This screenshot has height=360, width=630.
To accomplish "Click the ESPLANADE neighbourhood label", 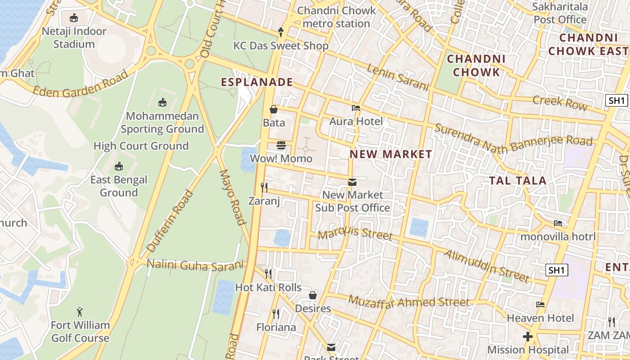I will point(257,82).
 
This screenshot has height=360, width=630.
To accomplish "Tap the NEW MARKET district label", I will point(391,154).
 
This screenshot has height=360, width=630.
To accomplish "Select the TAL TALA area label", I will point(517,181).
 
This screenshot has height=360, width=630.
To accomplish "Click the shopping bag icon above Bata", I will point(273,109).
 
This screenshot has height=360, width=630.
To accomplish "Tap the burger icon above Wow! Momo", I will point(282,145).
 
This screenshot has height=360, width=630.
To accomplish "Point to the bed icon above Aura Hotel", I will point(356,108).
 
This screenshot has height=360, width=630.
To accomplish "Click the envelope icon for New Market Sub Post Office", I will point(352,182).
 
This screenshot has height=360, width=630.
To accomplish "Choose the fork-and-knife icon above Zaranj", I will point(264,187).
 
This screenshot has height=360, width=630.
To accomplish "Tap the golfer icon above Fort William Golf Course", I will point(80,311).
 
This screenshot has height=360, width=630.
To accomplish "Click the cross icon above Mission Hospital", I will point(527,337).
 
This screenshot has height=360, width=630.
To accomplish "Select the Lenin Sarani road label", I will point(397,77).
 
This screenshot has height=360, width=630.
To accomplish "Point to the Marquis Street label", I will point(355,234).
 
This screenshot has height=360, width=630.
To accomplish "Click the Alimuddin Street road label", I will point(486,266).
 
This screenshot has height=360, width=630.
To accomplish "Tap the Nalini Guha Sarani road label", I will point(195,265).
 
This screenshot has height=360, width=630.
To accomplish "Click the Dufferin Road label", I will point(170,221).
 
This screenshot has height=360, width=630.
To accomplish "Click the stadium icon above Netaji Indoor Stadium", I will point(74,18).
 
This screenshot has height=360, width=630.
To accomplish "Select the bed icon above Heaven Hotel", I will point(540,305).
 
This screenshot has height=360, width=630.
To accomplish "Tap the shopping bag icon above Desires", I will point(313,295).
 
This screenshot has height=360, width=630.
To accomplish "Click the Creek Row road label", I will point(560,103).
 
